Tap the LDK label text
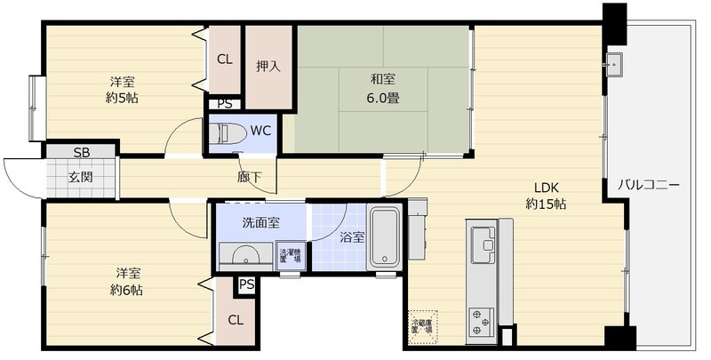click(x=546, y=187)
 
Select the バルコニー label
click(x=649, y=186)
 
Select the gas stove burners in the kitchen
click(x=481, y=316)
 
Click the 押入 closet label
click(x=268, y=66)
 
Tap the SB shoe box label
click(x=81, y=151)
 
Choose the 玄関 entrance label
click(x=82, y=175)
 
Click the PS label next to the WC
click(x=225, y=104)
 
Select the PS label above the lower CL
click(x=246, y=285)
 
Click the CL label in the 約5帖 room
click(x=225, y=60)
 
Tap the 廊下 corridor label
click(x=250, y=177)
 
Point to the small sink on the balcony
click(x=613, y=64)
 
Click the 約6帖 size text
click(x=126, y=290)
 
